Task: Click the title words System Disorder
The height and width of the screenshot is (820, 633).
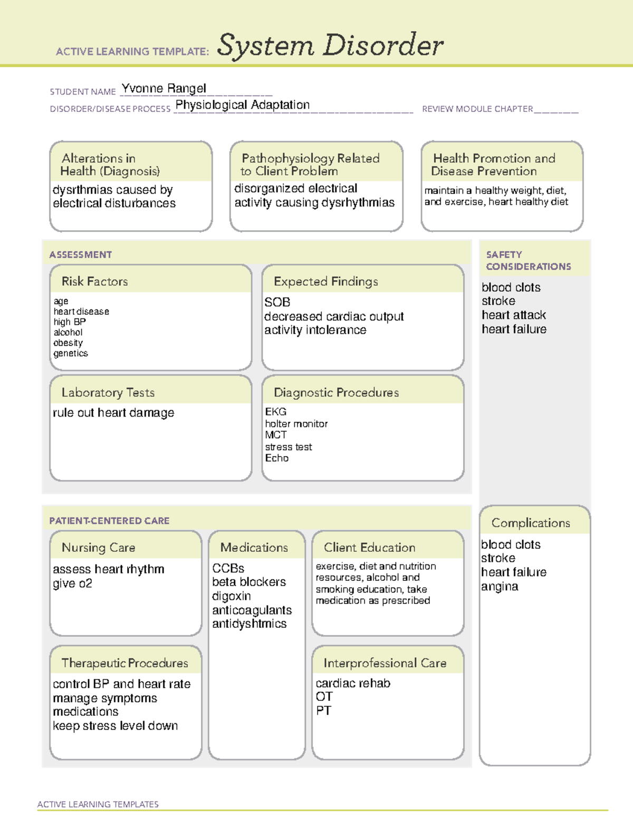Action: point(330,45)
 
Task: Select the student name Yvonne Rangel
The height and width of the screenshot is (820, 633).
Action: point(164,88)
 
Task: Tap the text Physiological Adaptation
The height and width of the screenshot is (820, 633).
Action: point(242,105)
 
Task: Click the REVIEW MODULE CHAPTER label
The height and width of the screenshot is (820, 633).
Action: point(477,109)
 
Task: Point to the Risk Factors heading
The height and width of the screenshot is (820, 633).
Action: point(94,281)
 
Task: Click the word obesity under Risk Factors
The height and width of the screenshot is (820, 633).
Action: point(68,343)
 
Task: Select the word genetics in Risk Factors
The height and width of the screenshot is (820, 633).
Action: point(71,353)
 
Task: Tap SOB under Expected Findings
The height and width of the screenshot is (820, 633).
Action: point(277,302)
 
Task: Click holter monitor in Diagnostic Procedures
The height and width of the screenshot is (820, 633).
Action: point(296,423)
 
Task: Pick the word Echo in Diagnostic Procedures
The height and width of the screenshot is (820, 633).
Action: point(276,458)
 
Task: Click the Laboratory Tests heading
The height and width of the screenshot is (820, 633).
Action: point(108,392)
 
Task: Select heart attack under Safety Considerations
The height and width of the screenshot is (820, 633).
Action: point(513,315)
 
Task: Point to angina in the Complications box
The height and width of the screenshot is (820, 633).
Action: point(499,587)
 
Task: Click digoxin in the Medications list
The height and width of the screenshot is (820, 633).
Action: point(231,596)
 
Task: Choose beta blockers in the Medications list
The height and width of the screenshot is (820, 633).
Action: point(248,582)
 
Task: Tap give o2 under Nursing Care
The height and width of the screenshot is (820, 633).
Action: point(72,583)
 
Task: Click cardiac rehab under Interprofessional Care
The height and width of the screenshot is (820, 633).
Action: point(352,683)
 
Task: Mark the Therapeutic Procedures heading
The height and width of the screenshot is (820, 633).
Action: point(124,663)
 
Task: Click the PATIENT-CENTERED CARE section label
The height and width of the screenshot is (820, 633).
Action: point(109,521)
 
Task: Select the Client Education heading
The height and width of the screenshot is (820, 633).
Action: point(369,548)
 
